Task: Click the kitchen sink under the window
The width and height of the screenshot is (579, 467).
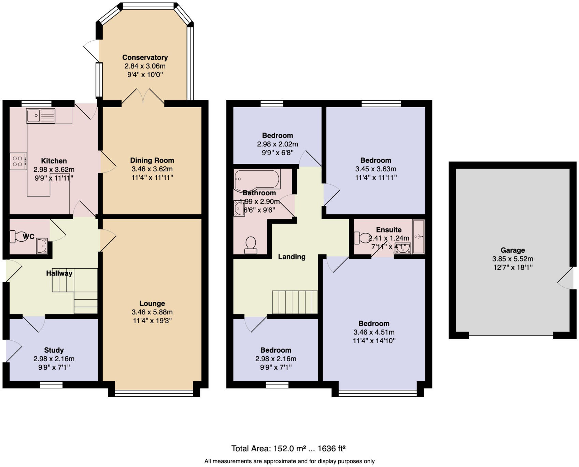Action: (41, 115)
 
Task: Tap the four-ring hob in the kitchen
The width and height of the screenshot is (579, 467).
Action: (18, 161)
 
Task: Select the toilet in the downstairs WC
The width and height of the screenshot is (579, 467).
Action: (19, 237)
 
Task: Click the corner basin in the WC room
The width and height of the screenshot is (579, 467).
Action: (42, 246)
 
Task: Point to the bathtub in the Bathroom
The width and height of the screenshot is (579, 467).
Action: (257, 179)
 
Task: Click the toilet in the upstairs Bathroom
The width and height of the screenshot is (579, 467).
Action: (251, 245)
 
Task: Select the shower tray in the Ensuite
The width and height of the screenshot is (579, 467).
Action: (418, 237)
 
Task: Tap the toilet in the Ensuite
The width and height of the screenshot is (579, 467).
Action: (363, 238)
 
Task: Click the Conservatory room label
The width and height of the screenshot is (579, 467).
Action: (145, 57)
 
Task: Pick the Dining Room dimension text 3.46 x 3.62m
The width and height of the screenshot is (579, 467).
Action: (152, 169)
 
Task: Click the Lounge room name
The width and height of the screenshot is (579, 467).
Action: (152, 303)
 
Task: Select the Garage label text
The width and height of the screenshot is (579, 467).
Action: (512, 250)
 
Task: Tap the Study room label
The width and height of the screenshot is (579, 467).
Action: (54, 350)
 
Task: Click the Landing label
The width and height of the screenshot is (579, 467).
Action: (292, 257)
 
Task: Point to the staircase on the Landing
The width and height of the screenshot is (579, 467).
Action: (295, 302)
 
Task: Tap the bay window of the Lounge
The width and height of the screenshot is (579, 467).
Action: (154, 393)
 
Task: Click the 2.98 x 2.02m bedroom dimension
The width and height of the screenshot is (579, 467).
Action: (277, 144)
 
